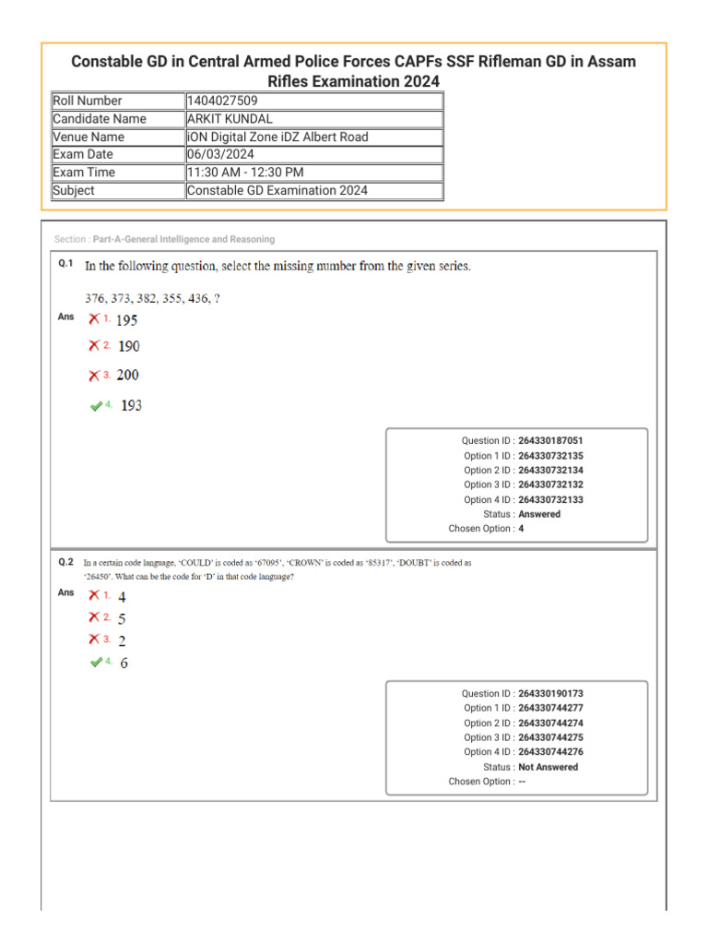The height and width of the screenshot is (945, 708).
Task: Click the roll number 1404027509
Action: pos(221,101)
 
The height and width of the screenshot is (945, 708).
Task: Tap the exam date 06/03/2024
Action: pos(220,155)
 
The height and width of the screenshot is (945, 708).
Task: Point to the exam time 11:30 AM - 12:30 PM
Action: pos(245,173)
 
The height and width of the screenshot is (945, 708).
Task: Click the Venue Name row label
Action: pos(88,137)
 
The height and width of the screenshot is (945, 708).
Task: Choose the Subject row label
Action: pos(74,191)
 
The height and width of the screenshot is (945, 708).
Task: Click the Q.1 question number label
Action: pos(65,264)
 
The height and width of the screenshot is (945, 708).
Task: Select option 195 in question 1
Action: pos(127,320)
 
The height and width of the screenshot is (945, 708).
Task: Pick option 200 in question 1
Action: pos(128,376)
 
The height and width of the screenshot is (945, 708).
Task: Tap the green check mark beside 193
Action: pos(96,405)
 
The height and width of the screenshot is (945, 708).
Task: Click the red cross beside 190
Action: pos(94,346)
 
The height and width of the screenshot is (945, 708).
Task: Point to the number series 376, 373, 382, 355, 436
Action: pos(152,298)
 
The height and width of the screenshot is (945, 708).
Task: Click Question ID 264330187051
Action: pos(550,441)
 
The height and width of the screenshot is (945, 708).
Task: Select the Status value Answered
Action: pos(539,514)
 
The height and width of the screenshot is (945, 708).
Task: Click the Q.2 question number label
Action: pos(65,561)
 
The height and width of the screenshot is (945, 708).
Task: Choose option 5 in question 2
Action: pos(123,619)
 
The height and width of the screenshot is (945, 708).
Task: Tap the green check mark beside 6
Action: pos(96,663)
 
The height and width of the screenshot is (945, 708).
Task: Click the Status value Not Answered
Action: pos(549,767)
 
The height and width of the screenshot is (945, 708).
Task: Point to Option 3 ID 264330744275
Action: pos(550,737)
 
